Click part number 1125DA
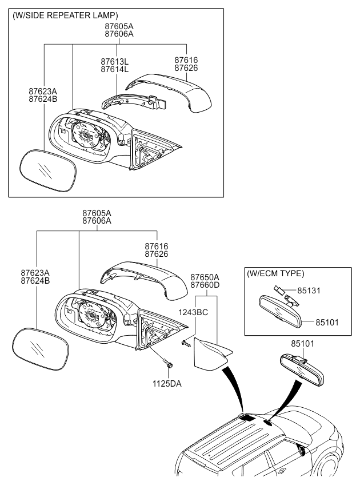pyautogui.click(x=167, y=384)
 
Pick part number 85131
pyautogui.click(x=308, y=291)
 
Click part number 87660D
pyautogui.click(x=205, y=284)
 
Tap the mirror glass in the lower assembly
pyautogui.click(x=39, y=348)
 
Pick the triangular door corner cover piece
pyautogui.click(x=210, y=353)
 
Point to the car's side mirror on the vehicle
pyautogui.click(x=301, y=450)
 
